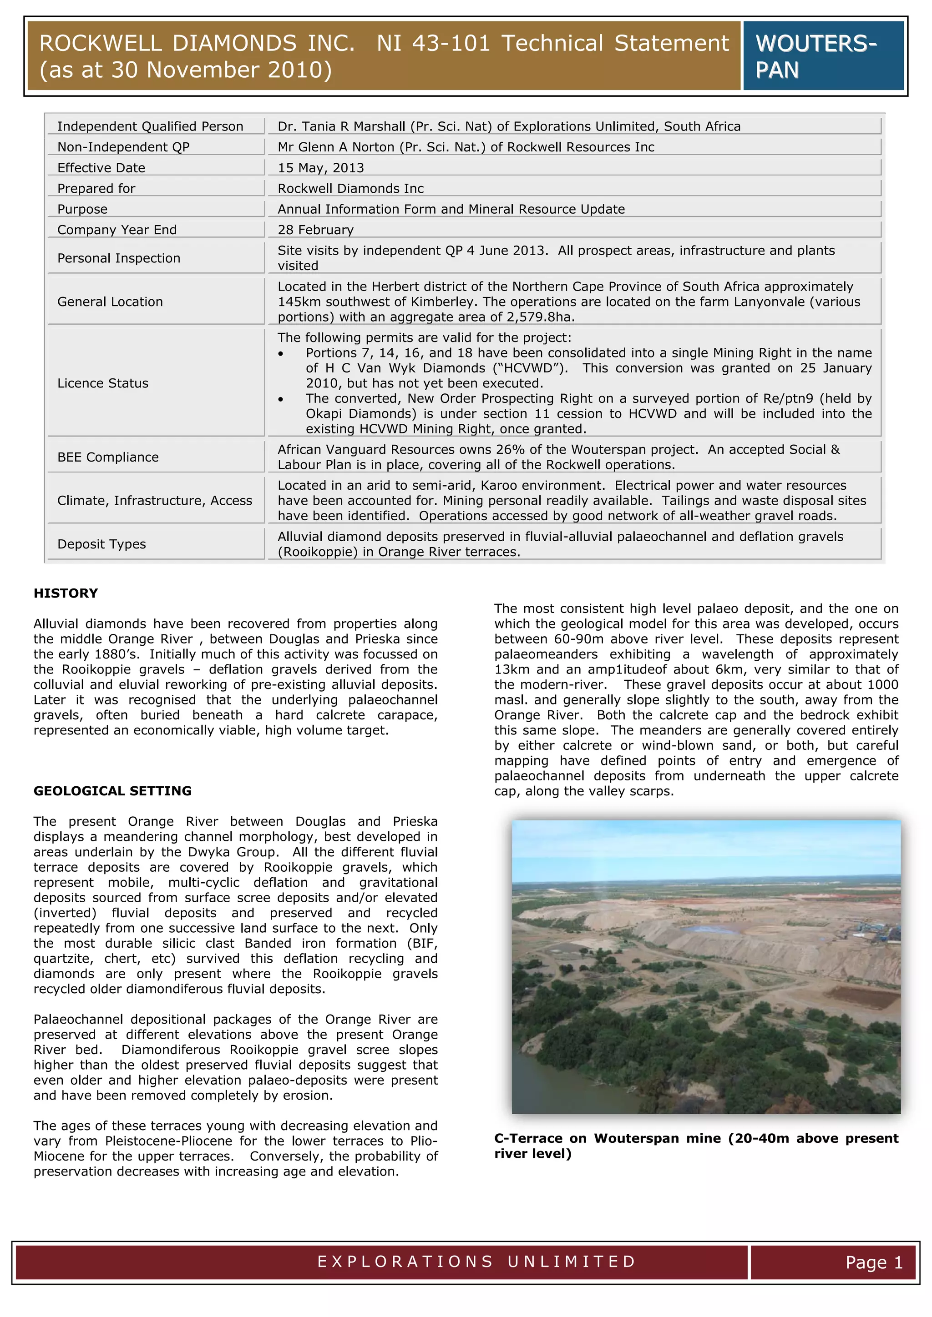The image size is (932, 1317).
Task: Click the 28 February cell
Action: point(316,230)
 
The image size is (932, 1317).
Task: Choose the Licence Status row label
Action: point(103,383)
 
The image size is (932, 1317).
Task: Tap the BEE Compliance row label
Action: point(108,457)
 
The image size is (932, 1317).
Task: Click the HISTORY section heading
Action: point(66,593)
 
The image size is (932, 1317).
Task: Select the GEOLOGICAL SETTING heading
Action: point(112,790)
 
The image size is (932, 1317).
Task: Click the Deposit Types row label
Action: point(101,544)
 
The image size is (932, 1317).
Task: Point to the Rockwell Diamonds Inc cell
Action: point(351,188)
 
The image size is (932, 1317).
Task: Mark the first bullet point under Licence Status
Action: point(281,354)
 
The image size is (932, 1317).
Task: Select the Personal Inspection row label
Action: point(119,258)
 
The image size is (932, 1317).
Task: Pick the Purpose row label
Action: point(82,209)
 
